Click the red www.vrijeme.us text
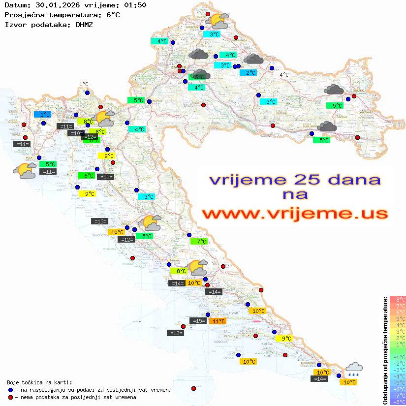[x=295, y=214]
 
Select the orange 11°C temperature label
[x=218, y=321]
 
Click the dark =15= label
[x=198, y=321]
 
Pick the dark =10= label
[x=75, y=133]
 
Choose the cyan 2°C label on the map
[x=250, y=73]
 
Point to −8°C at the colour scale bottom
[x=397, y=402]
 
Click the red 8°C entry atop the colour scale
[x=397, y=299]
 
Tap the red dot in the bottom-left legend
[x=10, y=397]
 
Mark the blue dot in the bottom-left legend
[x=10, y=390]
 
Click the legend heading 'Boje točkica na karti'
[x=39, y=382]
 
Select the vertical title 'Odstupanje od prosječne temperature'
[x=385, y=350]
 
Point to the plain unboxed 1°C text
[x=84, y=85]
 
